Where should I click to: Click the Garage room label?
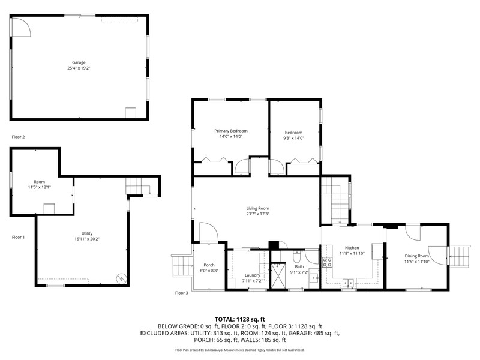pyautogui.click(x=79, y=62)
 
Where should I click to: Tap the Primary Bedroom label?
pyautogui.click(x=231, y=131)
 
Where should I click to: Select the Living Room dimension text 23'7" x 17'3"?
pyautogui.click(x=258, y=214)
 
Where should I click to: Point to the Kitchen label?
pyautogui.click(x=352, y=248)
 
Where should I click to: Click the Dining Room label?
pyautogui.click(x=416, y=256)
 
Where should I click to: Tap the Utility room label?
pyautogui.click(x=87, y=233)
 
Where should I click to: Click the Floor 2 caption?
pyautogui.click(x=18, y=137)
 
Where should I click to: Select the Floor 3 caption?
pyautogui.click(x=182, y=293)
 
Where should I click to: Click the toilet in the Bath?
pyautogui.click(x=296, y=257)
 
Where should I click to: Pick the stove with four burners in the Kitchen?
pyautogui.click(x=326, y=262)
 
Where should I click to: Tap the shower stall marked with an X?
pyautogui.click(x=278, y=275)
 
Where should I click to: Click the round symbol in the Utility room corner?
pyautogui.click(x=121, y=278)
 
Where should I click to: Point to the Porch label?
pyautogui.click(x=209, y=265)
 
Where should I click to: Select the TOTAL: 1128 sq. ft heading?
pyautogui.click(x=239, y=320)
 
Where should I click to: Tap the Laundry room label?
pyautogui.click(x=252, y=275)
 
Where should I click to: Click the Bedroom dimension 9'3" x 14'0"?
pyautogui.click(x=293, y=138)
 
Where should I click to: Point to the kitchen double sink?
pyautogui.click(x=349, y=283)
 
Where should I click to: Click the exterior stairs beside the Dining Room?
pyautogui.click(x=459, y=257)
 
